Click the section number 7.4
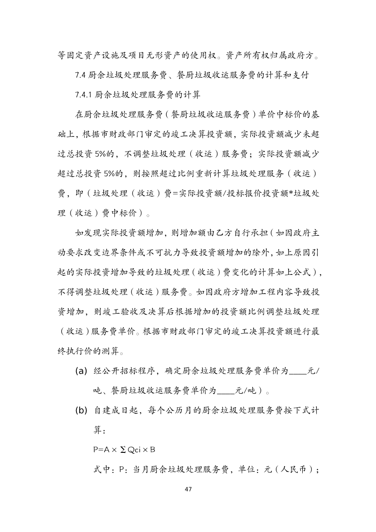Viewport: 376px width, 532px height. [x=80, y=75]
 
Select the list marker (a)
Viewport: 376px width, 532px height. [x=81, y=371]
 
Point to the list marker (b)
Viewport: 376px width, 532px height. [x=81, y=410]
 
